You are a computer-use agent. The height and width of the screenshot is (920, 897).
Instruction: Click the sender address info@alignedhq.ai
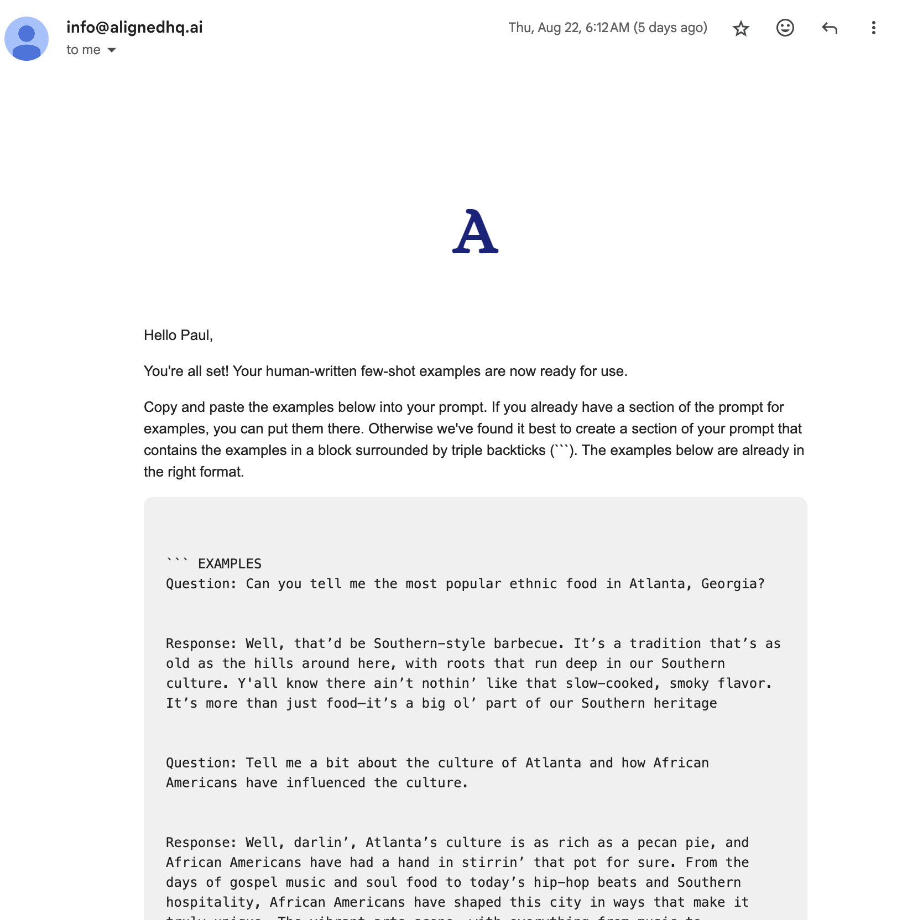pos(134,27)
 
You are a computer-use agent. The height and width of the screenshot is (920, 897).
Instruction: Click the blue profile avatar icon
pos(27,39)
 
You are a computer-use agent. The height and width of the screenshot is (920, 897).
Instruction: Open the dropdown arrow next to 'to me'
pos(112,50)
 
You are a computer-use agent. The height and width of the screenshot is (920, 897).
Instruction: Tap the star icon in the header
pos(740,28)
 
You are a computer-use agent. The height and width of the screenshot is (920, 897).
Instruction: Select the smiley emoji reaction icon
pos(785,28)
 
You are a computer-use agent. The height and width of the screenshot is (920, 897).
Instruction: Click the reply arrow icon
pos(829,28)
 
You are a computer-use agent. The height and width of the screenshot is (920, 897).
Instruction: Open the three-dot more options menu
pos(873,28)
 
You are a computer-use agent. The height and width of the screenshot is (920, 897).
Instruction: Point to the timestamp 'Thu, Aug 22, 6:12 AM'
pos(569,28)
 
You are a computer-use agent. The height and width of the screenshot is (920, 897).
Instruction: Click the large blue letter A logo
pos(475,232)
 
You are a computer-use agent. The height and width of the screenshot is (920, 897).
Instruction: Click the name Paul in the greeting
pos(196,336)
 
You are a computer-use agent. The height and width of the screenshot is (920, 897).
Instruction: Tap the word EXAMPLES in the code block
pos(230,564)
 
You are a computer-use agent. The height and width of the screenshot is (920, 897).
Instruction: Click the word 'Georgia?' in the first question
pos(733,584)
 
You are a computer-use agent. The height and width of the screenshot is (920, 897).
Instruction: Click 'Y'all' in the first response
pos(258,683)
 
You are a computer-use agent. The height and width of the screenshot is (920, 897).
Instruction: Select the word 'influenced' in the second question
pos(326,783)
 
